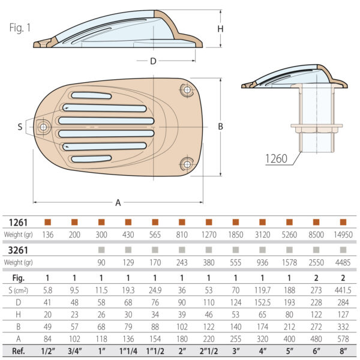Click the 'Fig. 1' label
21,28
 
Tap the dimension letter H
220,29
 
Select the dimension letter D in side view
153,61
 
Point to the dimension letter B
220,127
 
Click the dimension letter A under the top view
118,203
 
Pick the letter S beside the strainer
20,127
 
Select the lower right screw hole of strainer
187,163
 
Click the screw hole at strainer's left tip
43,127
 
